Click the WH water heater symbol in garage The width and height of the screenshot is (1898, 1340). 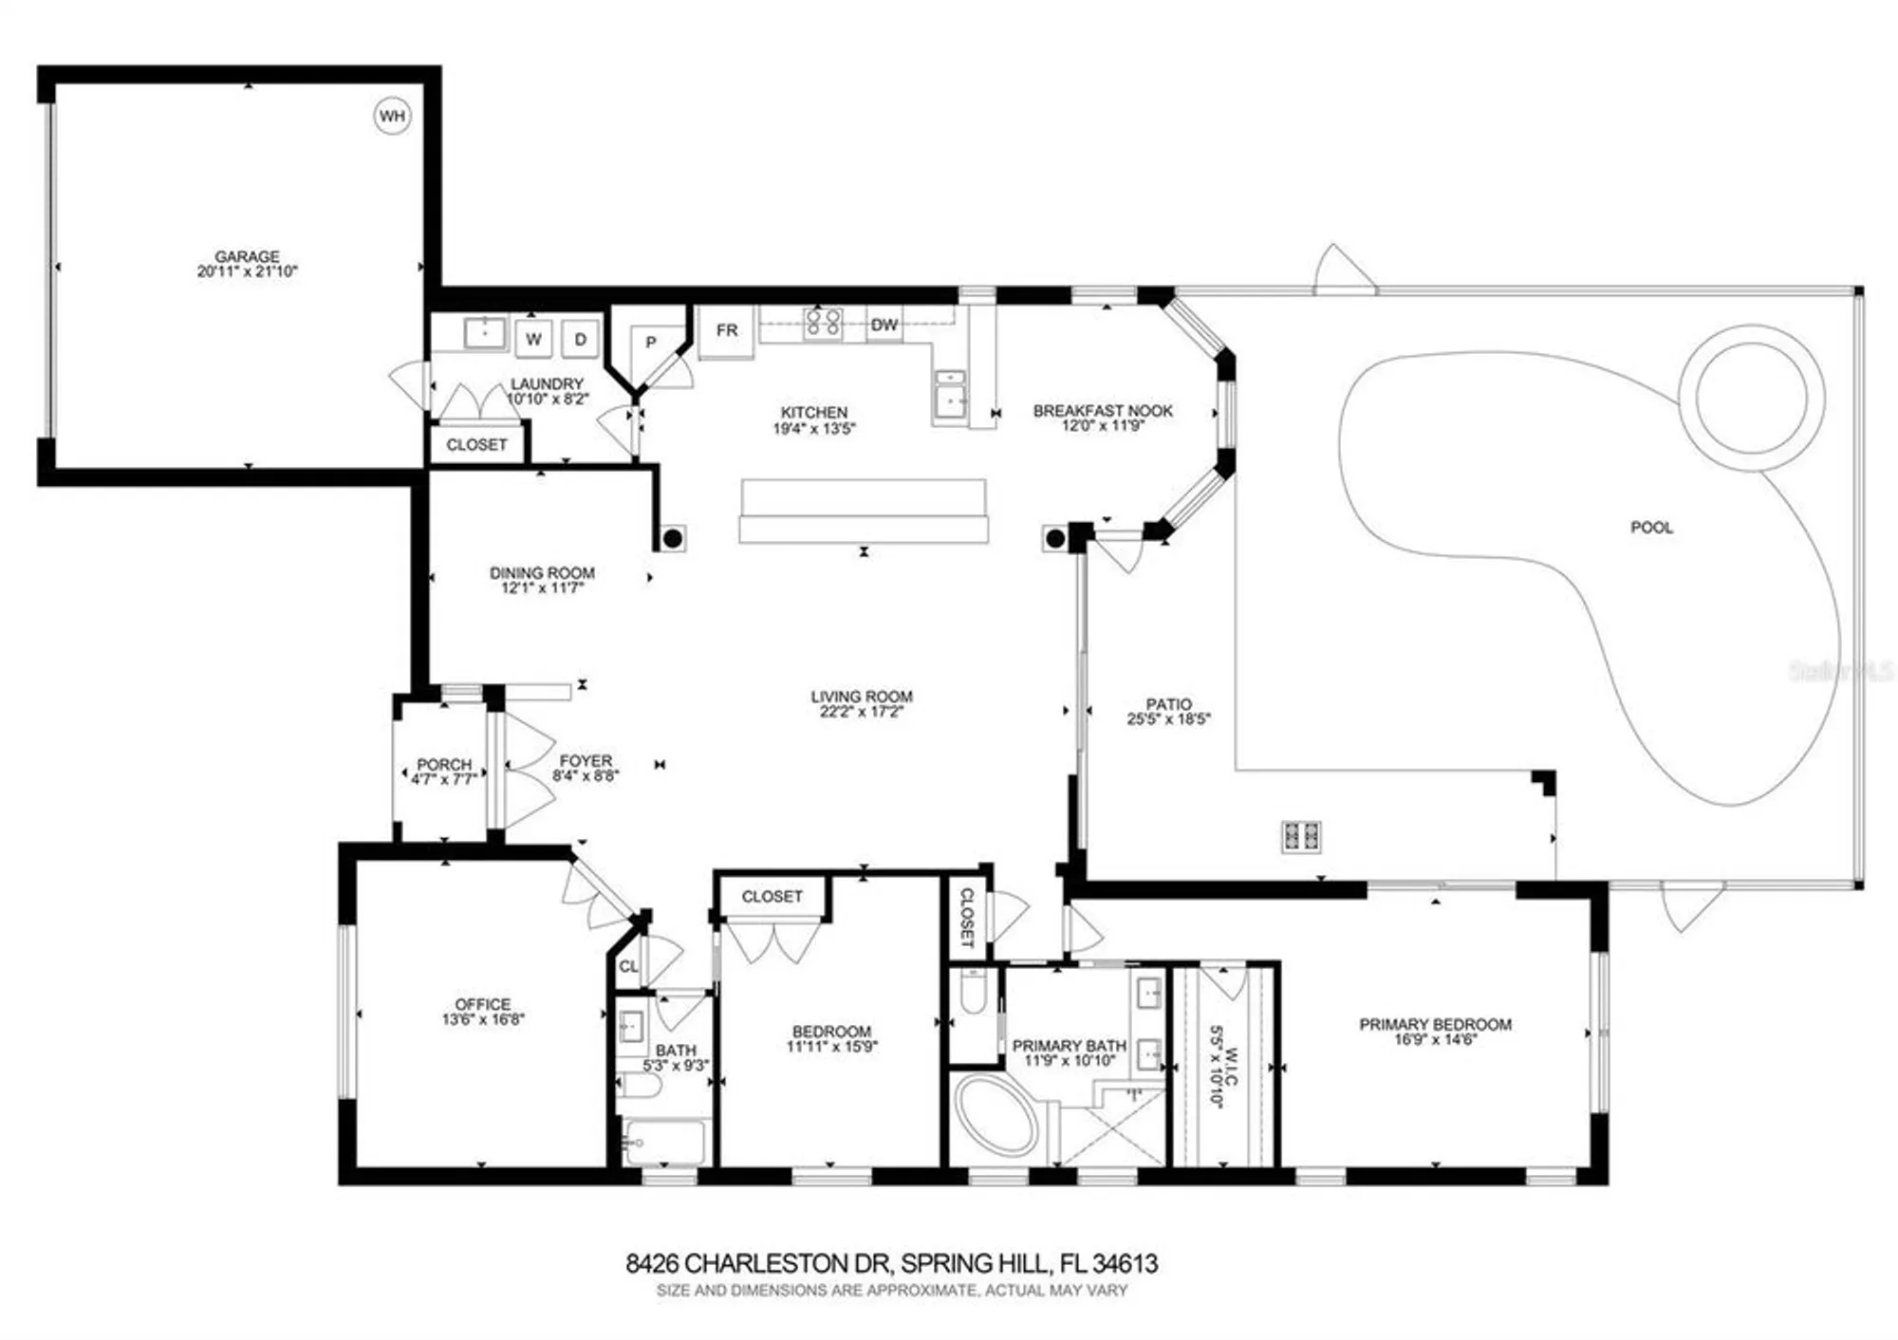pos(391,116)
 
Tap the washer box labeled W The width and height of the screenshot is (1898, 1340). pos(533,339)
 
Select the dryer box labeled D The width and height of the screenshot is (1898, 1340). pos(580,339)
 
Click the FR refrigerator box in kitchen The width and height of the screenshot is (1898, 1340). pos(726,330)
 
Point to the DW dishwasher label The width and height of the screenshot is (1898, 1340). pos(884,325)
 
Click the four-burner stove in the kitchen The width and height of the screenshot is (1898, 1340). pos(823,323)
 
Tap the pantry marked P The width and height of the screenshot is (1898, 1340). pos(651,343)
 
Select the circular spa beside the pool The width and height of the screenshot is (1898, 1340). pos(1751,396)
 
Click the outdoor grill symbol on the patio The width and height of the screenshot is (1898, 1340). pos(1301,836)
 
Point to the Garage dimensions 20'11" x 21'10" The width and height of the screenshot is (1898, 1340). pos(247,271)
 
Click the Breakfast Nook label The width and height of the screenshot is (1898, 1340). pos(1103,411)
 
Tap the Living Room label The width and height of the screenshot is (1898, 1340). pos(861,697)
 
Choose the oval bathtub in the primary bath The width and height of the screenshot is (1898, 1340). pos(996,1117)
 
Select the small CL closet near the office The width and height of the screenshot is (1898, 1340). pos(628,967)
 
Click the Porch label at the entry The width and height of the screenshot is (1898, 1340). pos(444,764)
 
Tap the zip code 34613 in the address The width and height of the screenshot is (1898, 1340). pos(1125,1264)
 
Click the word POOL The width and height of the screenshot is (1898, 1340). pos(1651,528)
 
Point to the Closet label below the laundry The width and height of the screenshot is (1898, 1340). pos(476,445)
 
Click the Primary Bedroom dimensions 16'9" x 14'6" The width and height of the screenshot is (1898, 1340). pos(1435,1040)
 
